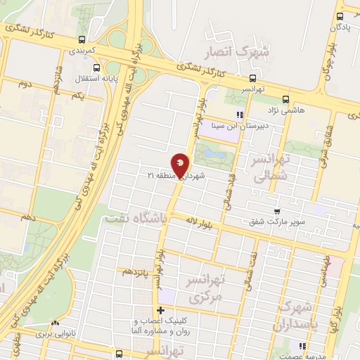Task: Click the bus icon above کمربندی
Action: [83, 39]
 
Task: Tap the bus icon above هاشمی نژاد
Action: [285, 99]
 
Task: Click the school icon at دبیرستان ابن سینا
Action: [240, 114]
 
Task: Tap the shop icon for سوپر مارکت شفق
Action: [278, 210]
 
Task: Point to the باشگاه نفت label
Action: [136, 219]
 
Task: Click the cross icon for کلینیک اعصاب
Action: [161, 310]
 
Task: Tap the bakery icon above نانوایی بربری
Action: [56, 325]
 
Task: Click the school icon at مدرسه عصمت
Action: [303, 346]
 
